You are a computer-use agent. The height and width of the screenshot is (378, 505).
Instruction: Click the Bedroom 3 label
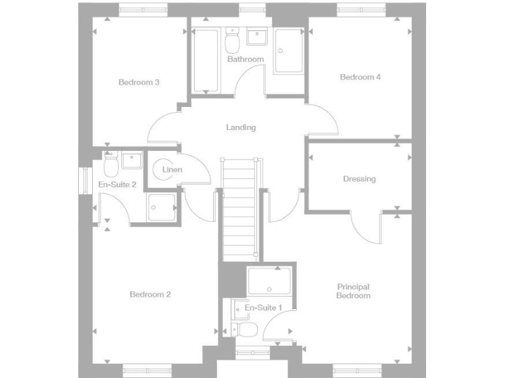(x=139, y=82)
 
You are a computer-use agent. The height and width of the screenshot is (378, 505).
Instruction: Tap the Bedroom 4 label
(x=360, y=77)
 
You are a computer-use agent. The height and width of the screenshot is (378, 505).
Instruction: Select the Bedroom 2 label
(x=150, y=294)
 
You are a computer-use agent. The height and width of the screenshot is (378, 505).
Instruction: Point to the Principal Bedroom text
(x=353, y=291)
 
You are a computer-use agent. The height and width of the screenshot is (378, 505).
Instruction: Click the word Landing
(x=241, y=127)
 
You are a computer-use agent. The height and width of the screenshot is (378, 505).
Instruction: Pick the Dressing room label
(x=359, y=178)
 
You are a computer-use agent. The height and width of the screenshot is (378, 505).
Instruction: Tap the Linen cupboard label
(x=172, y=170)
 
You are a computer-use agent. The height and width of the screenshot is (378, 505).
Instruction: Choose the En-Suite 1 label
(x=263, y=307)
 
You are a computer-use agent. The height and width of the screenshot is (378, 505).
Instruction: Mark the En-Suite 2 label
(x=117, y=184)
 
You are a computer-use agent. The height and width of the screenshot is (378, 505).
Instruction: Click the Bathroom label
(x=245, y=59)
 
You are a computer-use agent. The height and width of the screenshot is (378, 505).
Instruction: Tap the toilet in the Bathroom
(x=231, y=43)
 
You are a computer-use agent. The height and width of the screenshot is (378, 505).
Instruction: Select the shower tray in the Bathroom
(x=289, y=51)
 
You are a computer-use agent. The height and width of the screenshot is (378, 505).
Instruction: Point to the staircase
(x=239, y=207)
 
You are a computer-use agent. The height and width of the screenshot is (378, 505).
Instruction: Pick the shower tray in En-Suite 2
(x=161, y=208)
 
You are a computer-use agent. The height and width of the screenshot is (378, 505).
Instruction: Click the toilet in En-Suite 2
(x=110, y=161)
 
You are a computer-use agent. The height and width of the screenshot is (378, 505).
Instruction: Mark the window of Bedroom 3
(x=144, y=9)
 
